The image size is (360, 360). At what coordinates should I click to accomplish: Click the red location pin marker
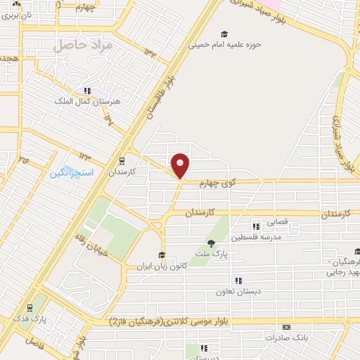pos(181,165)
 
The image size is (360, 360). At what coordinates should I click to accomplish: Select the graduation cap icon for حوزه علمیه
pos(224,33)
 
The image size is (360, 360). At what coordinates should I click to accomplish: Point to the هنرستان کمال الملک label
pos(88,101)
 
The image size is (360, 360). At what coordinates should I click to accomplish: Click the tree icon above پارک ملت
pos(211,243)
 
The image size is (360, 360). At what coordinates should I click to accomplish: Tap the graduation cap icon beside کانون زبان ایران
pos(162,255)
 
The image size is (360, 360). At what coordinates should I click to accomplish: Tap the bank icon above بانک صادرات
pos(286,328)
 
